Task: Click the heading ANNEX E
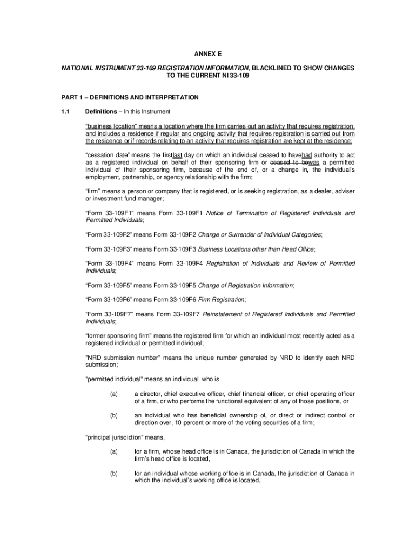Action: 208,55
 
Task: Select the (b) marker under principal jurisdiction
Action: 113,473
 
